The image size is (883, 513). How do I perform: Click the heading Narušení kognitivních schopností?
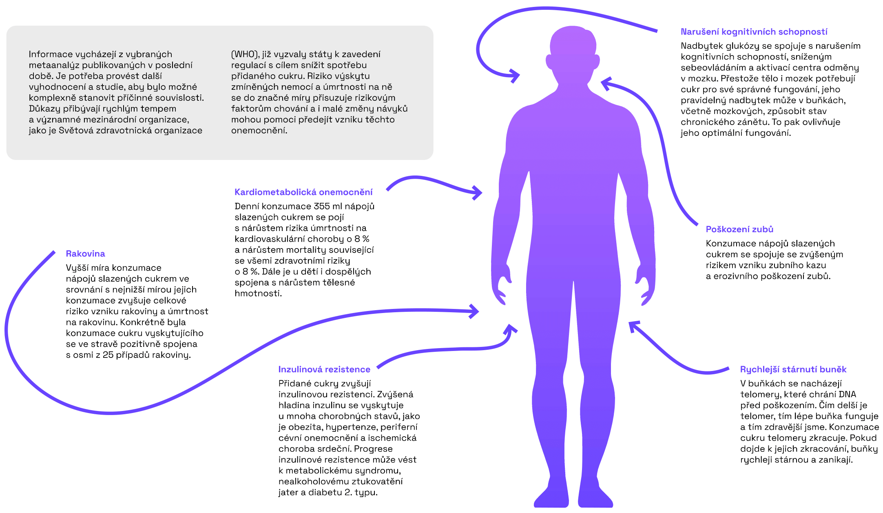pyautogui.click(x=754, y=32)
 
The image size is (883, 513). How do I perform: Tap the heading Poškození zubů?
pyautogui.click(x=739, y=229)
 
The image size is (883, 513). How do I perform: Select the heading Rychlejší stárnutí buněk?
pyautogui.click(x=793, y=369)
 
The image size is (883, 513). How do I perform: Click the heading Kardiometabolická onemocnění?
pyautogui.click(x=303, y=192)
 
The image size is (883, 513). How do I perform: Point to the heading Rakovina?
pyautogui.click(x=85, y=254)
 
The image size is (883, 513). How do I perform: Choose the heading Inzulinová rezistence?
pyautogui.click(x=324, y=369)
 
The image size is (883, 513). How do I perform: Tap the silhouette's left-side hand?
pyautogui.click(x=501, y=286)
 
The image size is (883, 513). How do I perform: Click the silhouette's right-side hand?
pyautogui.click(x=645, y=286)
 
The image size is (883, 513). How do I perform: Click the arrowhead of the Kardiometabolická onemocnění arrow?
pyautogui.click(x=478, y=192)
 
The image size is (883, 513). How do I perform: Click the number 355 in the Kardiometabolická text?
pyautogui.click(x=322, y=207)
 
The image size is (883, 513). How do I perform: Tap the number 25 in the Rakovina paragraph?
pyautogui.click(x=108, y=355)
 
